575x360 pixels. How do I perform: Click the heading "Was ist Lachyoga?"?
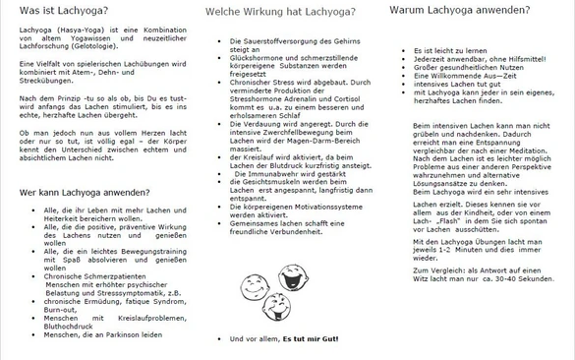coord(55,11)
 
